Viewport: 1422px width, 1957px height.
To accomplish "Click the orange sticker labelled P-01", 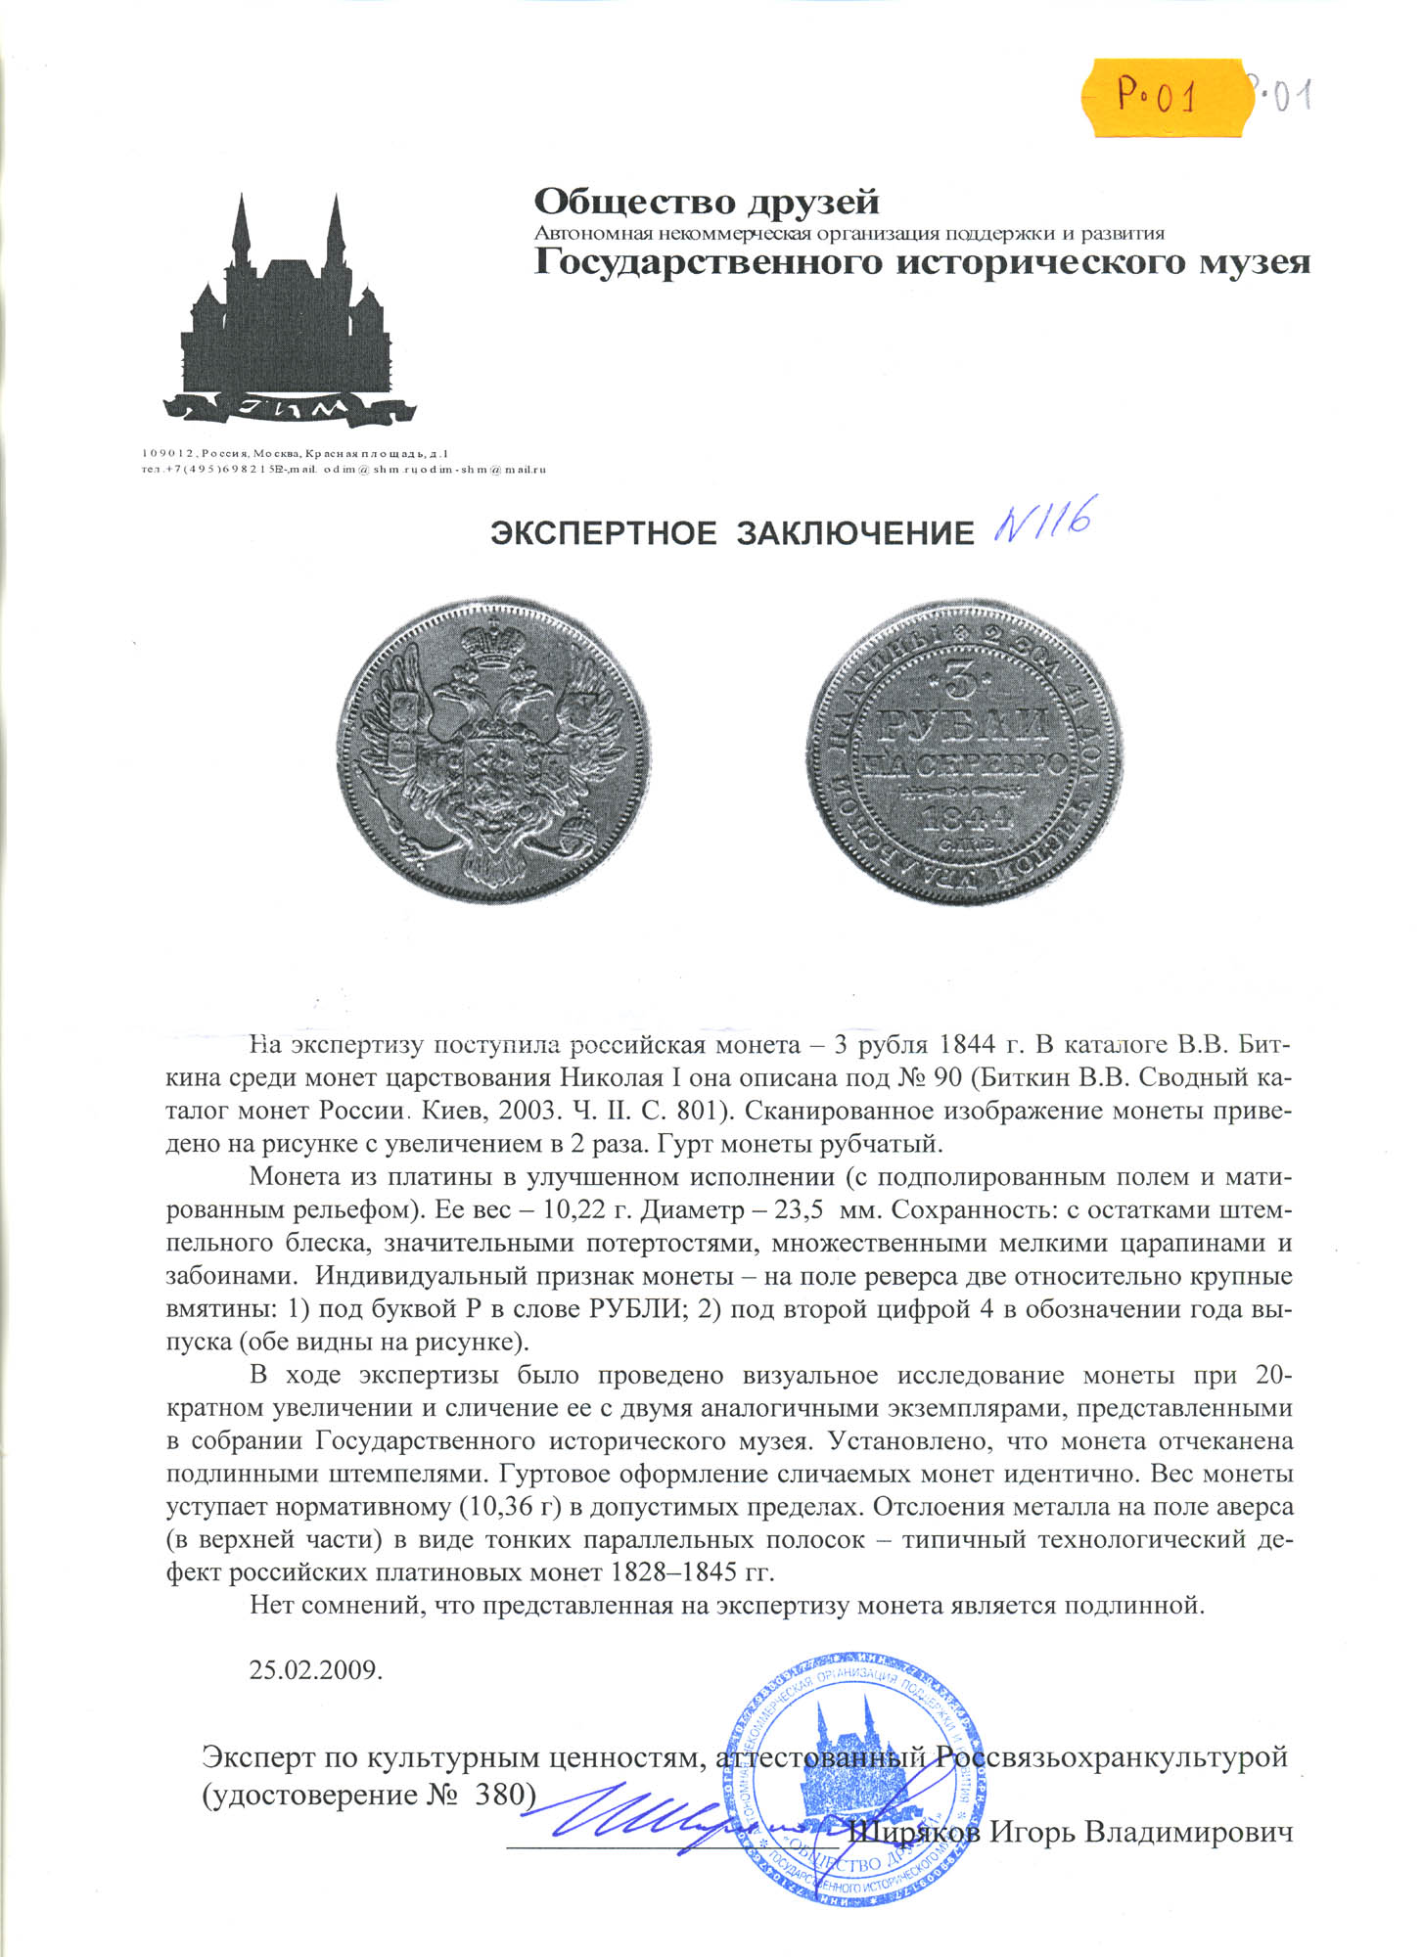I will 1161,95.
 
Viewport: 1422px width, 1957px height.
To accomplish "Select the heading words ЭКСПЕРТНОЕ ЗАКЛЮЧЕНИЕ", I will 732,533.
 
